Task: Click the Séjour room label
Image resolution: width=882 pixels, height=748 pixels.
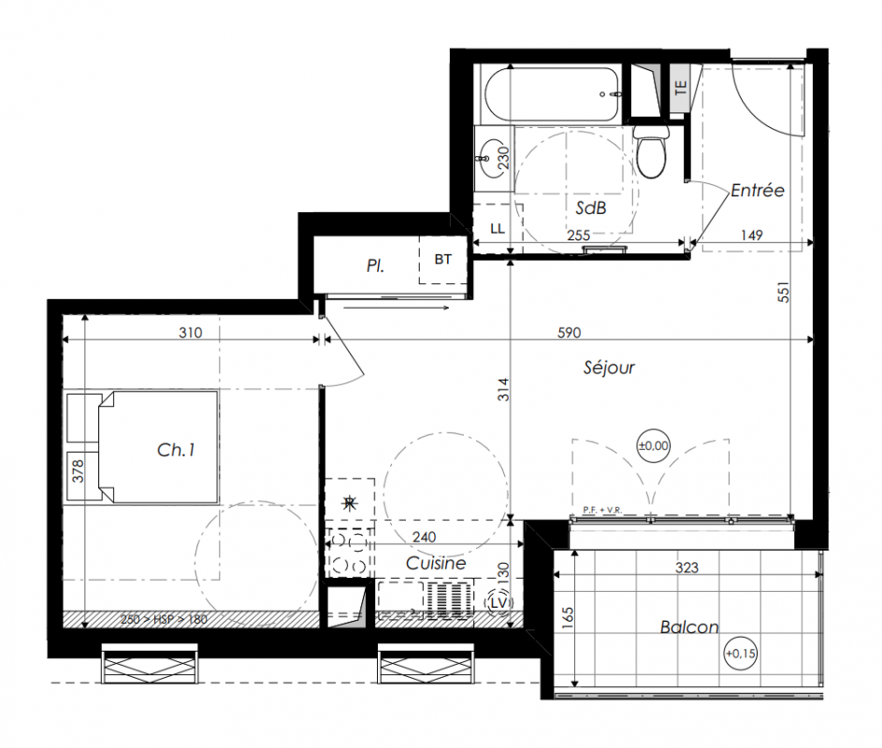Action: point(609,367)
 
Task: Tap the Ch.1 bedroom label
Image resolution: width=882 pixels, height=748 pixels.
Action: point(176,450)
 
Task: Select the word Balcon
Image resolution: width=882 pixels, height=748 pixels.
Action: point(689,626)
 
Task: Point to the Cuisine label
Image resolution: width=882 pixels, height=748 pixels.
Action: point(436,563)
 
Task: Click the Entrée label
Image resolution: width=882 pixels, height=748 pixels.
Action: point(757,190)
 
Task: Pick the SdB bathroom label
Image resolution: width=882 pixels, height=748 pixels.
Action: point(590,209)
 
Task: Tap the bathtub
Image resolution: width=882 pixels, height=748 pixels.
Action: point(553,94)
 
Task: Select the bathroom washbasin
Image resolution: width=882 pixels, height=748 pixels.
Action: point(489,159)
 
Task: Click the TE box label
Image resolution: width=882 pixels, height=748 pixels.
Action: point(681,87)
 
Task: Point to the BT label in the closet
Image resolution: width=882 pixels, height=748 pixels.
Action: point(442,259)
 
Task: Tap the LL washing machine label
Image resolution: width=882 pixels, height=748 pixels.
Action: point(498,228)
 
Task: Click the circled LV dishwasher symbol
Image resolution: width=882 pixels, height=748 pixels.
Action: point(499,603)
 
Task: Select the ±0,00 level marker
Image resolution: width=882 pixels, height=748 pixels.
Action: point(653,446)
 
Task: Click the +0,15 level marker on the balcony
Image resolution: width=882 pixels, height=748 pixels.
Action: point(740,654)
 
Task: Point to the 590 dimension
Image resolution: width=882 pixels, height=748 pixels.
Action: point(569,332)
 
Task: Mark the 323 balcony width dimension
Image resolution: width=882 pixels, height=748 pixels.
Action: point(687,568)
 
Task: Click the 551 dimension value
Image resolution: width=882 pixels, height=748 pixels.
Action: point(784,292)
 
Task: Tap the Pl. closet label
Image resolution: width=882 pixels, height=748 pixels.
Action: point(375,266)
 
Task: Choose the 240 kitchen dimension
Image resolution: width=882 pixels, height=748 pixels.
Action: point(424,537)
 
